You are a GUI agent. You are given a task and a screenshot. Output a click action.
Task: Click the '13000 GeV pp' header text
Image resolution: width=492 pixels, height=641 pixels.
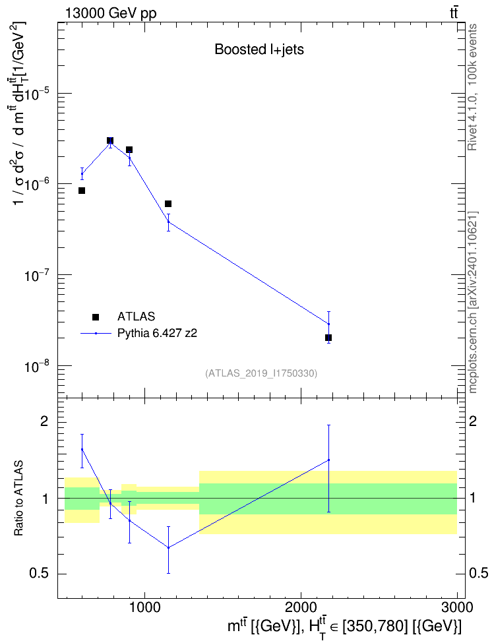pos(110,14)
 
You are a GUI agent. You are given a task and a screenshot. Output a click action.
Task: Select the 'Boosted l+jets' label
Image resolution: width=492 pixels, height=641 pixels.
pos(259,49)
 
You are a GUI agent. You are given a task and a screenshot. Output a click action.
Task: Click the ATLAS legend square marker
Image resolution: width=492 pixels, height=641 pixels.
pos(96,317)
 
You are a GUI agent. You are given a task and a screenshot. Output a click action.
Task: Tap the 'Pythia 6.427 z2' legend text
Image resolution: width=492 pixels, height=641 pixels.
pos(157,334)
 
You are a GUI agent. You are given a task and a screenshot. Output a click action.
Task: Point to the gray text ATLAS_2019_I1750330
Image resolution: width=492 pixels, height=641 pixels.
pos(261,373)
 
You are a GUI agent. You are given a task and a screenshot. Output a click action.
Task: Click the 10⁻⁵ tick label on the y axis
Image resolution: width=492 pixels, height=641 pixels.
pos(37,95)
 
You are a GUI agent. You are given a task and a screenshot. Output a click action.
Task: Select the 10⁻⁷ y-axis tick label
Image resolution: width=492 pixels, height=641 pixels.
pos(37,276)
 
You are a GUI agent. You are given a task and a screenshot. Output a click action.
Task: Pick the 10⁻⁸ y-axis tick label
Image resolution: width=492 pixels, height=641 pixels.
pos(37,367)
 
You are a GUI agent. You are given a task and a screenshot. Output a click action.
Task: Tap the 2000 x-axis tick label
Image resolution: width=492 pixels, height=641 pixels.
pos(301,607)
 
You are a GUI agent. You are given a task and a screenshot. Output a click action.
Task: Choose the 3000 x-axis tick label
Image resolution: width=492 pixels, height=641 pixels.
pos(457,607)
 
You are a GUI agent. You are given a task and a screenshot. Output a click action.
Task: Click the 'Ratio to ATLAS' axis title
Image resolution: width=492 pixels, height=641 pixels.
pos(18,499)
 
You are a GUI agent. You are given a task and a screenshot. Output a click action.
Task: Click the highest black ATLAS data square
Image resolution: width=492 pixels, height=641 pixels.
pos(110,140)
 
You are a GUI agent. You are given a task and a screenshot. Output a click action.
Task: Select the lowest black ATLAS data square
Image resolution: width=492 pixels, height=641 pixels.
pos(328,338)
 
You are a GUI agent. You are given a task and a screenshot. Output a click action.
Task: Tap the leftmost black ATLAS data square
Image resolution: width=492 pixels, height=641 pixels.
pos(82,191)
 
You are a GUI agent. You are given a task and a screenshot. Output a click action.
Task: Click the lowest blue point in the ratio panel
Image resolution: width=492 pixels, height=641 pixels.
pos(168,547)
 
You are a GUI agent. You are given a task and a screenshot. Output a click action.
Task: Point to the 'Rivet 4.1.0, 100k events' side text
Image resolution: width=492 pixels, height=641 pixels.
pos(472,87)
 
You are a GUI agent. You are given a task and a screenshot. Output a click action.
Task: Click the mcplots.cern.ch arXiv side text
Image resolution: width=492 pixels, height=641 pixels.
pos(472,302)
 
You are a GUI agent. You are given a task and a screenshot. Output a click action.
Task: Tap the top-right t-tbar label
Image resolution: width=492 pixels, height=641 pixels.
pos(454,13)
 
